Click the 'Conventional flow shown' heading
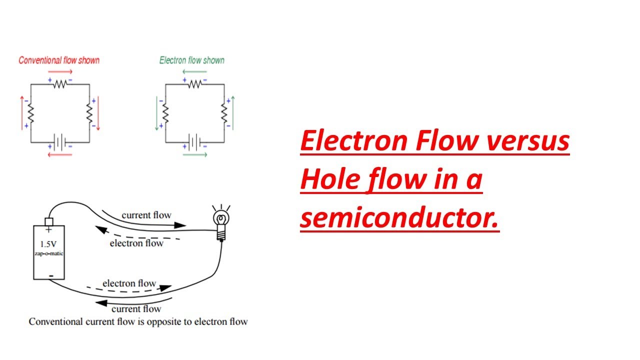59,60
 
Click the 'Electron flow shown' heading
192,60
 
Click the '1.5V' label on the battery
48,245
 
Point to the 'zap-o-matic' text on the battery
48,254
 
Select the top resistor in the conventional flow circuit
60,84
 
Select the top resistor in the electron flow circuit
194,84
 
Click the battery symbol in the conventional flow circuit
60,142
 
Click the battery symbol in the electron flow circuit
194,142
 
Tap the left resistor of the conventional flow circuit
31,113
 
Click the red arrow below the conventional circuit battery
60,154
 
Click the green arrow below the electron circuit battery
194,154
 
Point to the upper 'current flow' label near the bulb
146,215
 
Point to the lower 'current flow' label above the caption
136,308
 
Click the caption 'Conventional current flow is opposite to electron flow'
138,321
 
